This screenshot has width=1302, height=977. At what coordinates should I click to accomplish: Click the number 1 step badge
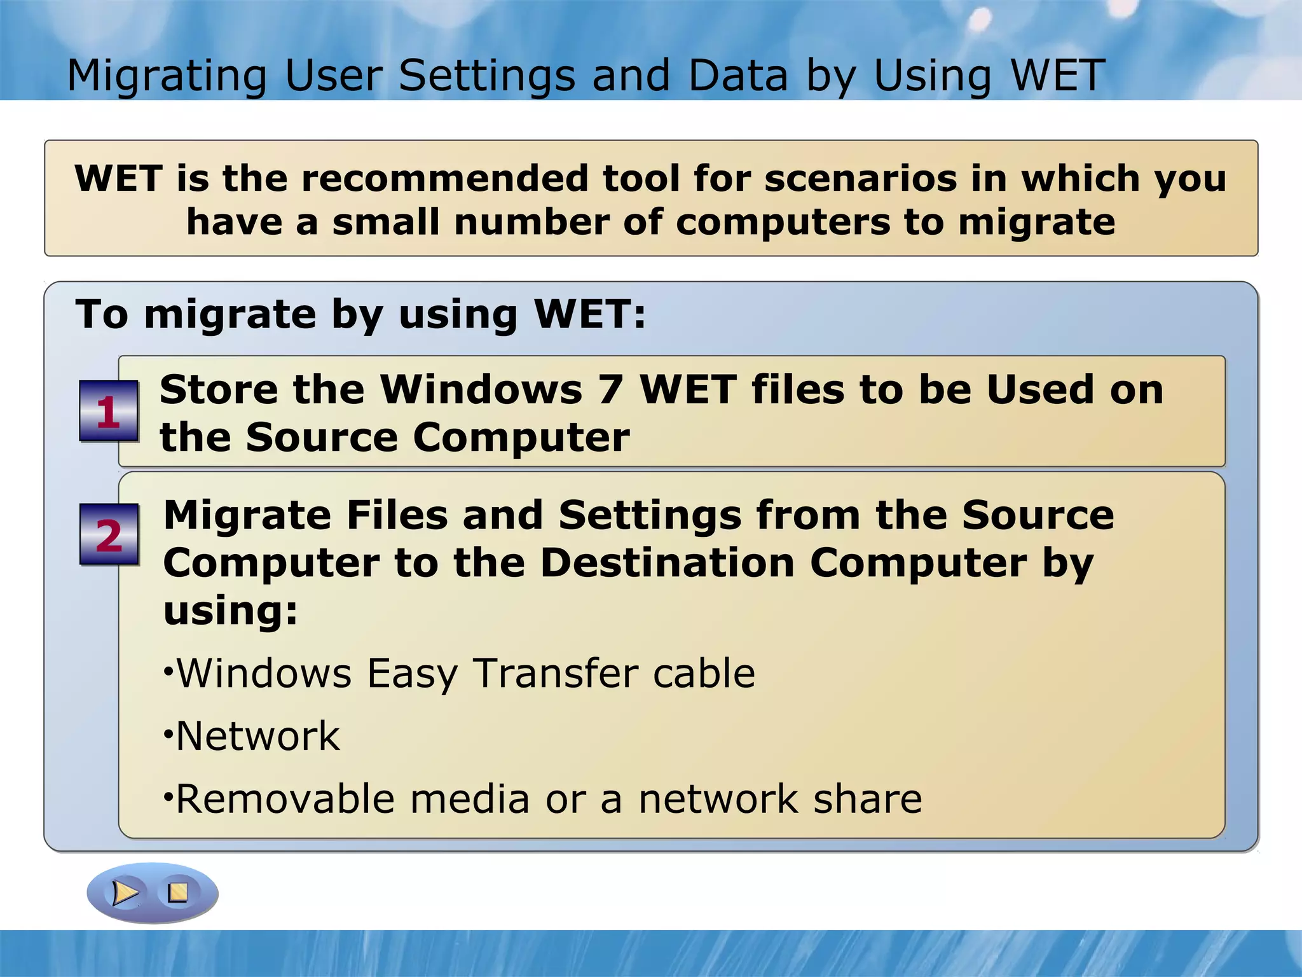pyautogui.click(x=109, y=411)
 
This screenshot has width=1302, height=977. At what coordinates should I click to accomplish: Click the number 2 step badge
pyautogui.click(x=109, y=534)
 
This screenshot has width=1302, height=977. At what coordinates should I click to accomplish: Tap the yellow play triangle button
pyautogui.click(x=125, y=892)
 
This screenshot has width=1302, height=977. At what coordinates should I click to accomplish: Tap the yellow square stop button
pyautogui.click(x=178, y=892)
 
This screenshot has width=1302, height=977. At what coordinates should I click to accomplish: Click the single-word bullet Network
pyautogui.click(x=257, y=736)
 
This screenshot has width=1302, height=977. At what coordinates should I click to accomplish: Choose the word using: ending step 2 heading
pyautogui.click(x=230, y=611)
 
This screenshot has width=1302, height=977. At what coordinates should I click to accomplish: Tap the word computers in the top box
pyautogui.click(x=783, y=223)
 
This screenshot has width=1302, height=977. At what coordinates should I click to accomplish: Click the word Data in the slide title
pyautogui.click(x=737, y=76)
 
